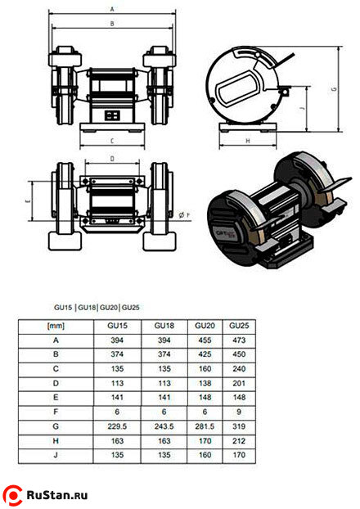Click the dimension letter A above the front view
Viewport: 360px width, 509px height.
click(112, 10)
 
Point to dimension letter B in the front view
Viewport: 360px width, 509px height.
click(112, 24)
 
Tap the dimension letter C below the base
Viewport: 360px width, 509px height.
click(112, 141)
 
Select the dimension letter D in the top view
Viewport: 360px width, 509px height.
click(112, 159)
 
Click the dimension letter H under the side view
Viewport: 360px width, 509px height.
click(248, 141)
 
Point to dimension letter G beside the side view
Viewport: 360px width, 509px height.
click(335, 89)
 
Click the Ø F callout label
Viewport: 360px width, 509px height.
click(184, 215)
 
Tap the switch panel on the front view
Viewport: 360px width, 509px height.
click(112, 115)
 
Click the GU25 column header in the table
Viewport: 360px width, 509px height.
click(239, 326)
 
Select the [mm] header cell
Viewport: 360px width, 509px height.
click(56, 326)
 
